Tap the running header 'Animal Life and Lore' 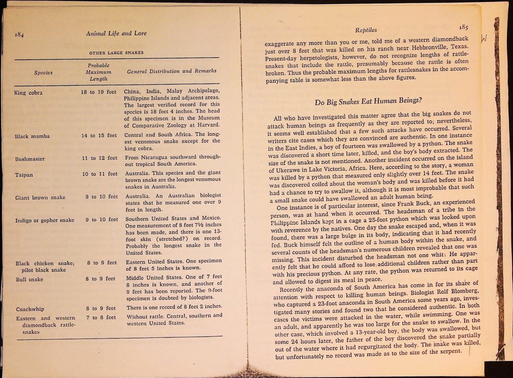pos(116,34)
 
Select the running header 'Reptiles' pos(366,31)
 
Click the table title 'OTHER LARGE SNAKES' pos(116,52)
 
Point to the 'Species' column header pos(44,72)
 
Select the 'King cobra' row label pos(29,93)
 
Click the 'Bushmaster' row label pos(30,159)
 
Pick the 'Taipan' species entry pos(24,175)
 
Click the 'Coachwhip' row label pos(31,309)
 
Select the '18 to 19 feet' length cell pos(99,92)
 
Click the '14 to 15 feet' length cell pos(99,135)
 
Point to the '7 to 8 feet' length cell pos(100,317)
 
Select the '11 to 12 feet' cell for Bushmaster pos(99,158)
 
